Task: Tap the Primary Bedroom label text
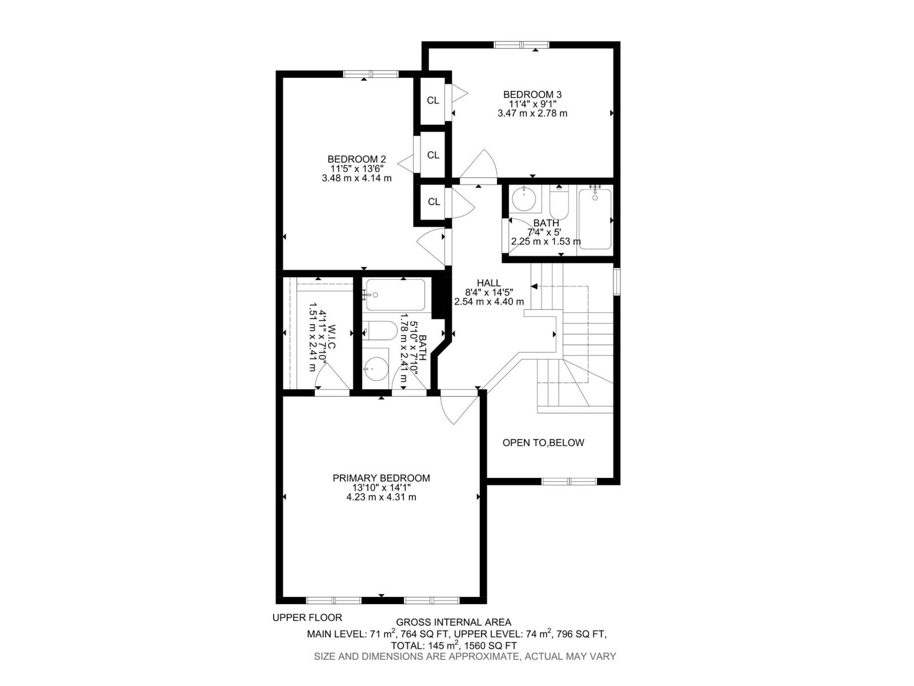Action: (381, 478)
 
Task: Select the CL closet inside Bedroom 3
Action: (433, 101)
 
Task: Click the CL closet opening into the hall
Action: (434, 201)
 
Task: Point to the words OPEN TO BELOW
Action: (543, 442)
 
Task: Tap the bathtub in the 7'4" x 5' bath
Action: (595, 220)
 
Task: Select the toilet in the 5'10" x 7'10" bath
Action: (380, 330)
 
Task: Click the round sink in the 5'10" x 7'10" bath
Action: (375, 369)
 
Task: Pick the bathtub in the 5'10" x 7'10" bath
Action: (395, 294)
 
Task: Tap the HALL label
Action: (489, 283)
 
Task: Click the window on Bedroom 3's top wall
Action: (522, 45)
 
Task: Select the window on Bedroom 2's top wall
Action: (370, 74)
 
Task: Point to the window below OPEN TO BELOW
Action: (569, 481)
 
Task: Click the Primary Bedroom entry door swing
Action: (457, 407)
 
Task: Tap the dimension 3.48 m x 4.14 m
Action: (356, 178)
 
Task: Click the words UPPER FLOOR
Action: (307, 617)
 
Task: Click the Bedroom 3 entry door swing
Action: (479, 166)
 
